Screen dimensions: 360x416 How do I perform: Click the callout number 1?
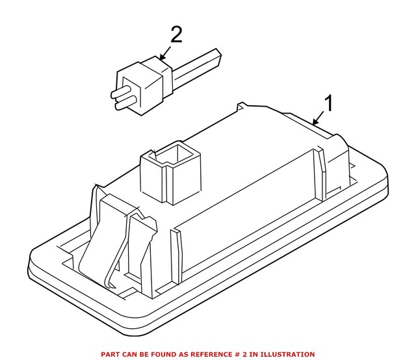329,103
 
